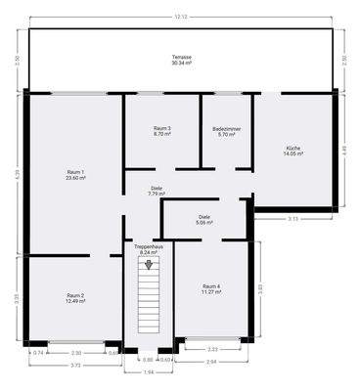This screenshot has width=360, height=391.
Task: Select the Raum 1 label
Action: [x=75, y=172]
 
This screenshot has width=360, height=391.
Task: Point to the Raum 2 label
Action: [x=75, y=295]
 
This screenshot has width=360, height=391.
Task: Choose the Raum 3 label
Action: [x=162, y=128]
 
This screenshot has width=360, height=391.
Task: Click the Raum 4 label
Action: [x=211, y=285]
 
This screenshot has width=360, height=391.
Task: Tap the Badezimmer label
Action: [x=227, y=128]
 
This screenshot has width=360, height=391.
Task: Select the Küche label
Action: [x=294, y=148]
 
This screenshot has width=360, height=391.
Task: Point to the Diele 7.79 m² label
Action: [x=157, y=188]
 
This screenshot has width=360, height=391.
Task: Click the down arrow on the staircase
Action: [x=149, y=264]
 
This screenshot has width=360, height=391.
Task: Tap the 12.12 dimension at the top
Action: [x=181, y=17]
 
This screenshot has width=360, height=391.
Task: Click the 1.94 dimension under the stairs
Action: [x=149, y=371]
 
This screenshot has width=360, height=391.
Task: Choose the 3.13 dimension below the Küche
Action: [x=293, y=219]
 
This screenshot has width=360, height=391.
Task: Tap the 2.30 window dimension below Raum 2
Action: [x=75, y=352]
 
